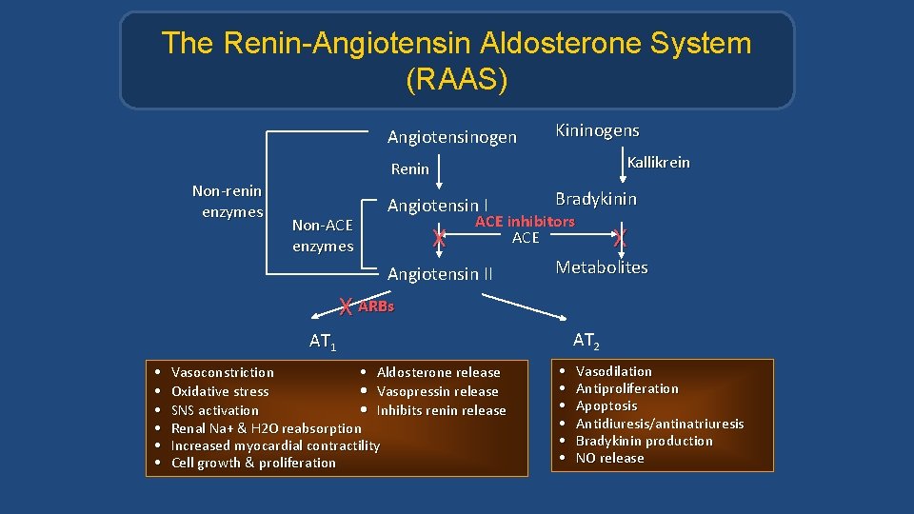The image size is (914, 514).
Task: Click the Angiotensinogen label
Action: coord(451,138)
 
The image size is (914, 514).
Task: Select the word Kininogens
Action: coord(597,130)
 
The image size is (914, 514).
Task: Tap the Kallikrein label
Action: coord(658,163)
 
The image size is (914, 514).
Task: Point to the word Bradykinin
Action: coord(596,199)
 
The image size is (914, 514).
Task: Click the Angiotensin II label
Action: coord(440,274)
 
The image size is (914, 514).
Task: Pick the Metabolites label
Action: coord(602,267)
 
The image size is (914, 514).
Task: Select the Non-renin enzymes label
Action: coord(227,202)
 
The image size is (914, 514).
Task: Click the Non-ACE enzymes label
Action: coord(323,236)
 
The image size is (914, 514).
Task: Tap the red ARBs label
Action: coord(376,306)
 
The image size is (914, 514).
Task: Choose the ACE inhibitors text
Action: coord(525,222)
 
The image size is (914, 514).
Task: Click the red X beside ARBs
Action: coord(347,306)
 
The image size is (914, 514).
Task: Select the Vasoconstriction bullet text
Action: coord(222,372)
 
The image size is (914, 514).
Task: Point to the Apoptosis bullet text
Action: coord(606,405)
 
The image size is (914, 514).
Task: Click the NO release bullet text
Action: coord(609,458)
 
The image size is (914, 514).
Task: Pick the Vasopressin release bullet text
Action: coord(437,391)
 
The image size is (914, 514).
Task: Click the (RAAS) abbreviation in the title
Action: coord(456,80)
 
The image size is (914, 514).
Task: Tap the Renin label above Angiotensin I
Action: coord(410,169)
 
